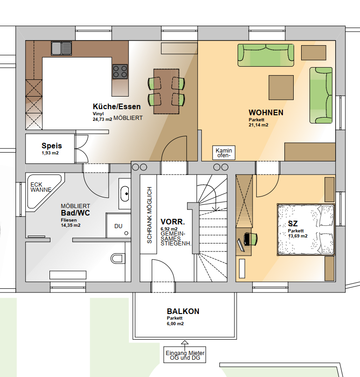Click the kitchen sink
(x=61, y=48)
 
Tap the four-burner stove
(x=120, y=71)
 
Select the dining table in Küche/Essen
(x=166, y=91)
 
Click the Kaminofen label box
(x=224, y=153)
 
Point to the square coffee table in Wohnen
(x=281, y=87)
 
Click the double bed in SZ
(x=306, y=230)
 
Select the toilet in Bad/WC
(x=118, y=258)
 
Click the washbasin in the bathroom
(x=125, y=194)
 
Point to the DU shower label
(x=119, y=226)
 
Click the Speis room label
(x=52, y=146)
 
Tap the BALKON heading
(x=183, y=311)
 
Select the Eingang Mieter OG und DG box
(x=185, y=355)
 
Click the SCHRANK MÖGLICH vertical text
(x=149, y=215)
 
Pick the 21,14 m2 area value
(x=259, y=125)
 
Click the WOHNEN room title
(x=266, y=112)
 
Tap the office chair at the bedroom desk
(x=250, y=239)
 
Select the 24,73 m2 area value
(x=103, y=119)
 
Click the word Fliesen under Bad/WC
(x=69, y=220)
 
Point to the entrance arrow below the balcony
(x=185, y=343)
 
